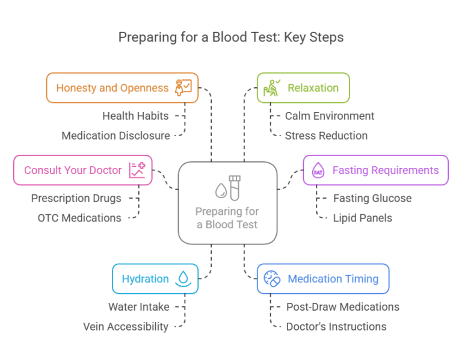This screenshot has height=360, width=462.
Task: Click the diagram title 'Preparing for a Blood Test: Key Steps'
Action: (231, 37)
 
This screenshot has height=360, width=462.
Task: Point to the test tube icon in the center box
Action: (235, 187)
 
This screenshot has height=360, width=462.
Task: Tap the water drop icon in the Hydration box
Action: (182, 279)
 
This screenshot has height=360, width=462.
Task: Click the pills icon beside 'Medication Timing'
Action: (273, 279)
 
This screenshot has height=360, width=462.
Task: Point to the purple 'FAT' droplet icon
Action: (318, 171)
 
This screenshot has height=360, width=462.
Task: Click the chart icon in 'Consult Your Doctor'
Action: (137, 170)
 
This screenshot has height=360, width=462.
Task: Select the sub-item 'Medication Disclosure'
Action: (115, 135)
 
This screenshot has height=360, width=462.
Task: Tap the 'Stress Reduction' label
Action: (326, 135)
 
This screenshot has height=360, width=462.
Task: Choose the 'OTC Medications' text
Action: (79, 218)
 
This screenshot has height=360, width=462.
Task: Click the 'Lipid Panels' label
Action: (362, 218)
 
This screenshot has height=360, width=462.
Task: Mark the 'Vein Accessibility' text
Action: (126, 326)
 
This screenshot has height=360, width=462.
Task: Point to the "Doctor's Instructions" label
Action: (336, 326)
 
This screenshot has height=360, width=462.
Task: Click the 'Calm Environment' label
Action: (330, 116)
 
